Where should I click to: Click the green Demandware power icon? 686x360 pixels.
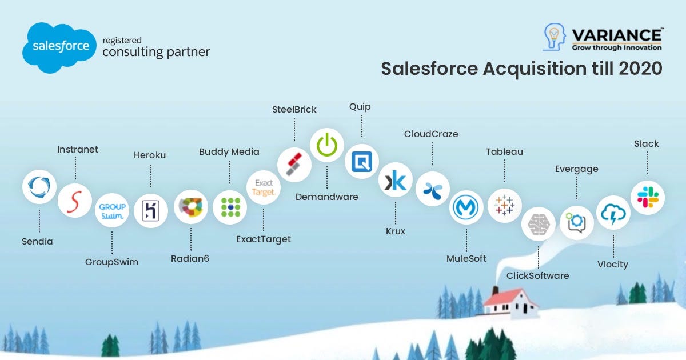coord(327,145)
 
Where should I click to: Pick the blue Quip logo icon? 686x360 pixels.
coord(362,162)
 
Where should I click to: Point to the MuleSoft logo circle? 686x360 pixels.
coord(466,207)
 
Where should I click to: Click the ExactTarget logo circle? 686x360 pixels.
coord(264,189)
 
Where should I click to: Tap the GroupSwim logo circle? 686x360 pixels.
coord(112,210)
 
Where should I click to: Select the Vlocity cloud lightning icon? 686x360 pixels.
coord(613,213)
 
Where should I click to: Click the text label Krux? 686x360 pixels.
coord(395,231)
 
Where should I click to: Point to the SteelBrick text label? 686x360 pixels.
coord(294,109)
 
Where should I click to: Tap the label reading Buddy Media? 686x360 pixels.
coord(229,151)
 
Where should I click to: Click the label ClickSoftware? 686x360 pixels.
coord(537,275)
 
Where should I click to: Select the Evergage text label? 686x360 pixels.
coord(576,169)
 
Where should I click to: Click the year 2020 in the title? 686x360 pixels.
coord(640,69)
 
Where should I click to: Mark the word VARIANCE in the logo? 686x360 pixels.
coord(616,35)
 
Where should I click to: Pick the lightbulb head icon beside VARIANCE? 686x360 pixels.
coord(555,40)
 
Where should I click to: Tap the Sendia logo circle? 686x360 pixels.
coord(39,187)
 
